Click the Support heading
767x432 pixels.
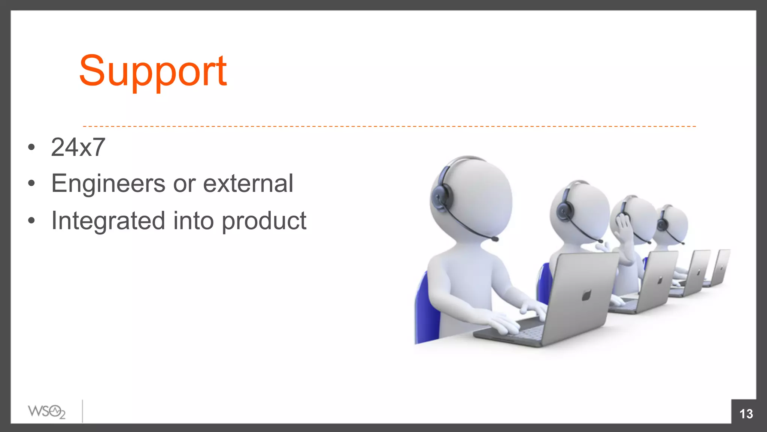click(x=153, y=71)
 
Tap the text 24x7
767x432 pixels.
click(x=78, y=147)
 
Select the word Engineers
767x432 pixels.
click(x=108, y=184)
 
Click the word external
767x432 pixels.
click(x=248, y=184)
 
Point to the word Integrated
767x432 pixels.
click(x=108, y=220)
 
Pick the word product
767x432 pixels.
click(x=264, y=221)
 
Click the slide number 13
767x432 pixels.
click(x=746, y=414)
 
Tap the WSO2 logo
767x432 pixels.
click(x=47, y=412)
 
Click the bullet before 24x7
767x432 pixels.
click(x=31, y=147)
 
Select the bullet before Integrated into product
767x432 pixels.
click(x=31, y=220)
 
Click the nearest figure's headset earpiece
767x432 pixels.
click(x=441, y=196)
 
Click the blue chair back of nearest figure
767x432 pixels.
click(x=427, y=311)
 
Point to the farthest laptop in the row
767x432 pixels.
click(x=721, y=267)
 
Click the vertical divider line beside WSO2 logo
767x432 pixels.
click(x=82, y=411)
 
